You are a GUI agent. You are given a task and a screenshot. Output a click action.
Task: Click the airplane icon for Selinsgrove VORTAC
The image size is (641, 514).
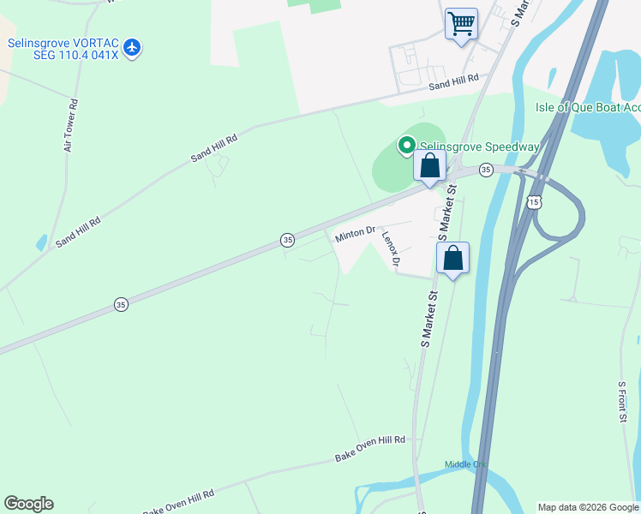131,46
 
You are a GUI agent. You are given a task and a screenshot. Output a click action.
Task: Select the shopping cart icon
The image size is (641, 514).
461,23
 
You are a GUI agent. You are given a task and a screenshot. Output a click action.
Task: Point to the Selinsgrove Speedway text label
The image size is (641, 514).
479,147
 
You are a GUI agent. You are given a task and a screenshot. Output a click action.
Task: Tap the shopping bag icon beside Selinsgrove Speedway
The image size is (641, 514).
429,166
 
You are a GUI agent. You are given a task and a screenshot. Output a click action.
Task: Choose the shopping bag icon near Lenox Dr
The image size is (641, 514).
452,258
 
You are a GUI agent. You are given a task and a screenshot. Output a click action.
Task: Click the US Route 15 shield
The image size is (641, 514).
534,201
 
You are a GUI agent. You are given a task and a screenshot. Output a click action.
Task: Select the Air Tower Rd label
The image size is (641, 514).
70,126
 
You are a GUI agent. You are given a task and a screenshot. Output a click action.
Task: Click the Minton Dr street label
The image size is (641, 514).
356,233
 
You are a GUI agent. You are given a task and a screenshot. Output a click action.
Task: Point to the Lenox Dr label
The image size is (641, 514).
391,250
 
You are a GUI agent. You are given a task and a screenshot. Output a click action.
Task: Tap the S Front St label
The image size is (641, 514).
622,402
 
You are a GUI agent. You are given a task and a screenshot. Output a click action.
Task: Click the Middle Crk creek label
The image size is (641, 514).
465,465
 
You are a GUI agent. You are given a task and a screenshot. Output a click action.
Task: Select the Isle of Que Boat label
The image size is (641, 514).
587,107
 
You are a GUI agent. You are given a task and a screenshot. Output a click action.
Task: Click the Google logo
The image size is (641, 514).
28,504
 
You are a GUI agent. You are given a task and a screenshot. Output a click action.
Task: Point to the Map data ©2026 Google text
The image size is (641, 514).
588,507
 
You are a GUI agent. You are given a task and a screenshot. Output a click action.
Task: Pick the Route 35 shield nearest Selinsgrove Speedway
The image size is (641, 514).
486,170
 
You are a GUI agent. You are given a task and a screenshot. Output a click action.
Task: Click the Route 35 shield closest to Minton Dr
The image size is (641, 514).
289,241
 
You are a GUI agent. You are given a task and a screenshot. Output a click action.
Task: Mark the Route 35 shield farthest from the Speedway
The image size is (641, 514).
121,304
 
